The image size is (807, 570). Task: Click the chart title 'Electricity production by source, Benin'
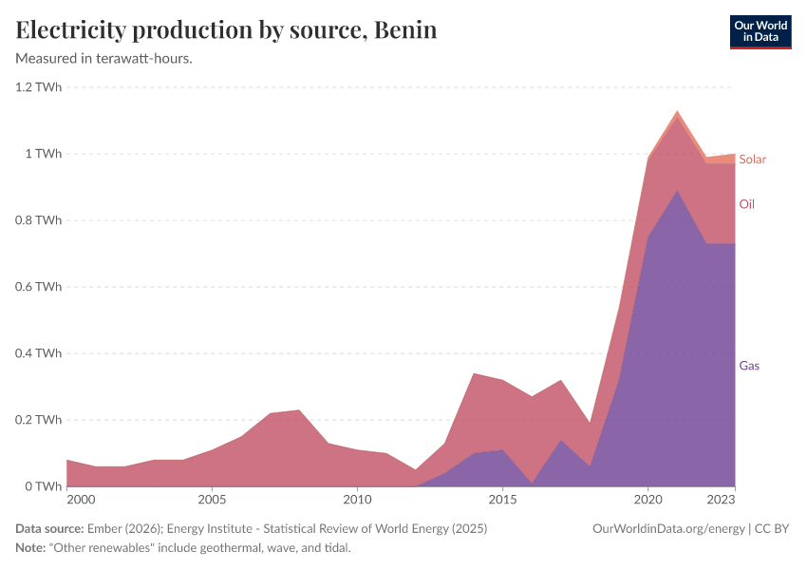point(226,30)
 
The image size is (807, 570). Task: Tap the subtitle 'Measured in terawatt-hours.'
point(104,59)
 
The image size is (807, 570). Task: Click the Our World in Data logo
point(760,31)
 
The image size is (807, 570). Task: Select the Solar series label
point(752,160)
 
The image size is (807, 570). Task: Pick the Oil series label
point(747,204)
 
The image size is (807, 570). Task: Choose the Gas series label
point(749,366)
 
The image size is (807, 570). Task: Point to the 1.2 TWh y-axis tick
point(38,87)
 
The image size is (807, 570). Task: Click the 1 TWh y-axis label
point(44,154)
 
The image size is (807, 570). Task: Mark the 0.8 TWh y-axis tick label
point(38,220)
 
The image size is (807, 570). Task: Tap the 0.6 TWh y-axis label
point(38,287)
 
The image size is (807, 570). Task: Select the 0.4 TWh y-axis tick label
point(38,353)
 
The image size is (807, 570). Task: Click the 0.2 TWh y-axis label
point(38,420)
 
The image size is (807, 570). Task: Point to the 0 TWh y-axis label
point(44,486)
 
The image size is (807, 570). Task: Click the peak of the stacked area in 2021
point(677,111)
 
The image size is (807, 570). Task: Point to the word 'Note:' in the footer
point(33,548)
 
